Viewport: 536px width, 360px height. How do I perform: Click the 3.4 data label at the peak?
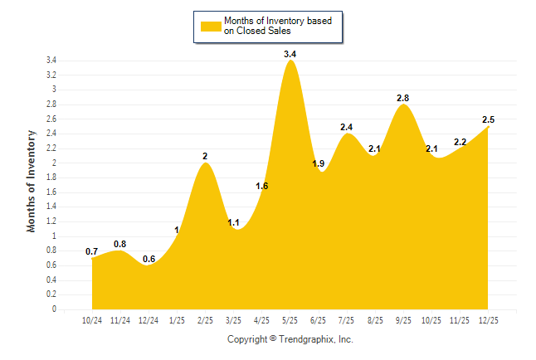click(290, 54)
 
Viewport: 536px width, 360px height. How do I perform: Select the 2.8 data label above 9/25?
click(403, 98)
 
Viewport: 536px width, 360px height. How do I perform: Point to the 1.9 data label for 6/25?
click(318, 163)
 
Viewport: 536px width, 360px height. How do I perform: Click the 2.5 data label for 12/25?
click(489, 119)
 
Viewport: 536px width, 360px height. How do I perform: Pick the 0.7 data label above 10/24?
click(91, 251)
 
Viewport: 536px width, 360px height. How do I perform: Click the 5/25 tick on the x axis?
click(290, 320)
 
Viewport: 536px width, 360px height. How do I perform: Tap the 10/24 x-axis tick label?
click(92, 320)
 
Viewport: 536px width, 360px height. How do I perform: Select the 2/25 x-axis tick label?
click(205, 320)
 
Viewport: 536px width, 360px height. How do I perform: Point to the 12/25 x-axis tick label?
click(489, 320)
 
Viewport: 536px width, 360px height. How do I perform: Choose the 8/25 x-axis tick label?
click(375, 320)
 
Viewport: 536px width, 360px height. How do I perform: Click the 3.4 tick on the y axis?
click(51, 61)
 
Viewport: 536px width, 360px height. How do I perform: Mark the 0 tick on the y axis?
click(54, 309)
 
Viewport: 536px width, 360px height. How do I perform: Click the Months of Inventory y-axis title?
click(32, 180)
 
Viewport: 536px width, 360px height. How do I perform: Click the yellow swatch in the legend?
click(210, 27)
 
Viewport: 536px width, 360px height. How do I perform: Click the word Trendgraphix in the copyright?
click(305, 339)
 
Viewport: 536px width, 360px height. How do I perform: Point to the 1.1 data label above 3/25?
click(233, 222)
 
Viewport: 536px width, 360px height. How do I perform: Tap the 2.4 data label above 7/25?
click(347, 127)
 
